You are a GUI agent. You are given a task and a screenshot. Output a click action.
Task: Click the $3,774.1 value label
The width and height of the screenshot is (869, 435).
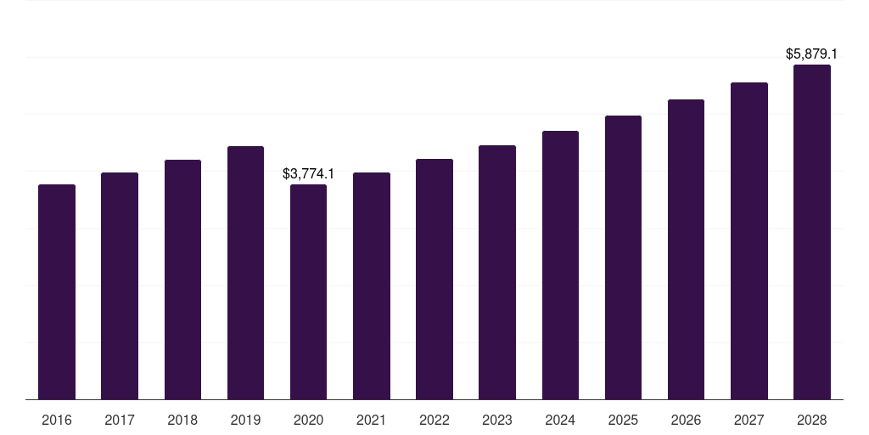point(308,173)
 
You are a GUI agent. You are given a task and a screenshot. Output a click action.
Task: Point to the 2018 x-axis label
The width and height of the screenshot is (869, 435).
point(182,420)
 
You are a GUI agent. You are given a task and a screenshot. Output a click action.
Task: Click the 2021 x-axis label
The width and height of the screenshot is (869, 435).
point(372,420)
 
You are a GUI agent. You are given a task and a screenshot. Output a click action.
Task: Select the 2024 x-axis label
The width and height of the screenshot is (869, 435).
point(560,420)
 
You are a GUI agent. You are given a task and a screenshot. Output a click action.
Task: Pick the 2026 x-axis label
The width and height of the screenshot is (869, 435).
point(686,420)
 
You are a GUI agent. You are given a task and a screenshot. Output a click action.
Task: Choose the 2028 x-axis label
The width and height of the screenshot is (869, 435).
point(812,420)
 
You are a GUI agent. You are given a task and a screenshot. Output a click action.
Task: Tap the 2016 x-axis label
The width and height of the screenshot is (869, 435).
point(57,420)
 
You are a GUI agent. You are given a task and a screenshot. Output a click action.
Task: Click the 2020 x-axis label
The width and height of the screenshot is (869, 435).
point(308,420)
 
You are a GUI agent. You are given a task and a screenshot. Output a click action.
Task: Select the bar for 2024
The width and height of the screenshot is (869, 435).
point(560,265)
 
